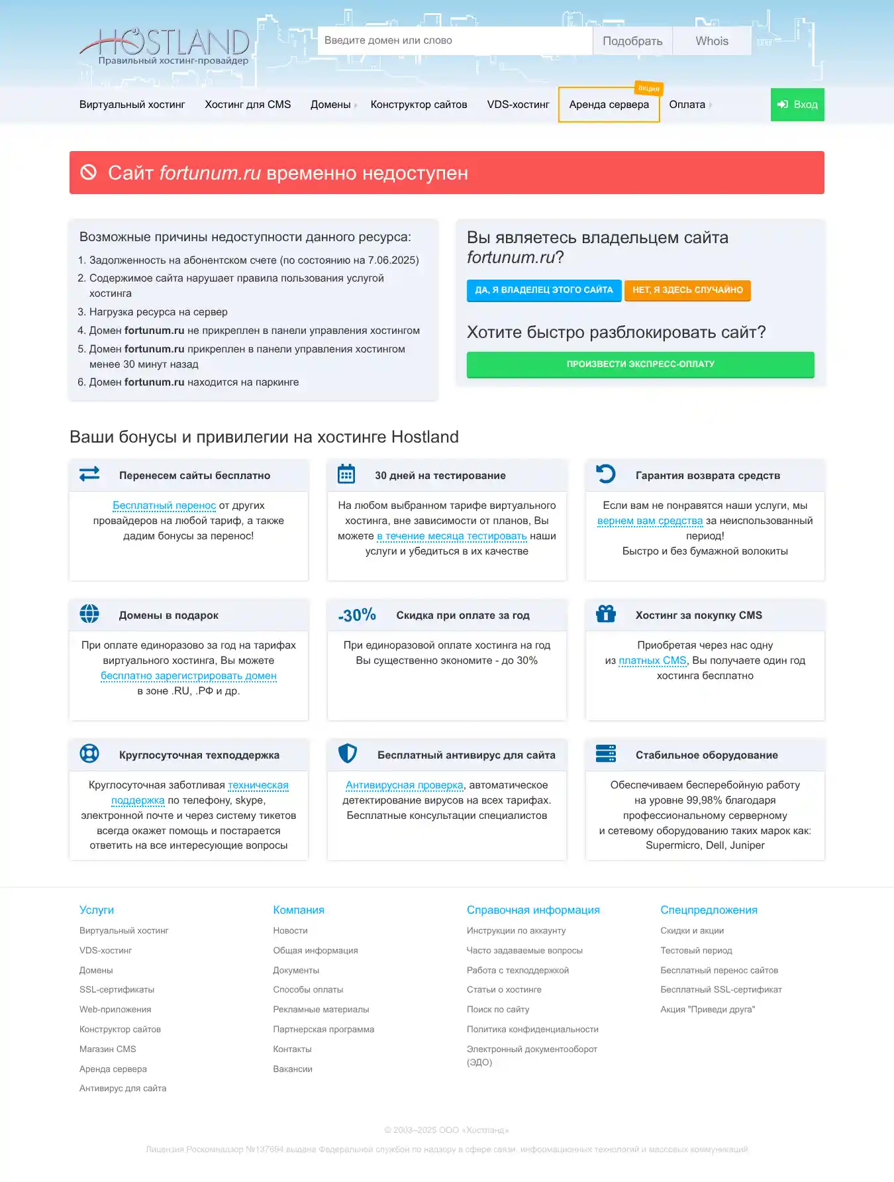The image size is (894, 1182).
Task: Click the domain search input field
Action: [454, 40]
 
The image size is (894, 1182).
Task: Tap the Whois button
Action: [712, 41]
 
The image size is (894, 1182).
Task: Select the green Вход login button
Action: [797, 105]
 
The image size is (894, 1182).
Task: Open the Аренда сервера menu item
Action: [609, 105]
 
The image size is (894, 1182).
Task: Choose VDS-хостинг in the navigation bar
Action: [518, 105]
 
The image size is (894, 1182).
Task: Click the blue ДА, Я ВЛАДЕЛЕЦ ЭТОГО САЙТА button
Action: [544, 290]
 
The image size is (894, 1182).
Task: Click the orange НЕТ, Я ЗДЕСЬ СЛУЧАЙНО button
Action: [687, 290]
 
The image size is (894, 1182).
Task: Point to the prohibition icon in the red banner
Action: [89, 172]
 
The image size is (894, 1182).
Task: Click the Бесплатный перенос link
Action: [164, 506]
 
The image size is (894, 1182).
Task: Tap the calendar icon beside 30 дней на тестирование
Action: [346, 474]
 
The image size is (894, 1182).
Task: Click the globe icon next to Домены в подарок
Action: [89, 614]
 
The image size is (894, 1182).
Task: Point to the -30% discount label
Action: [357, 615]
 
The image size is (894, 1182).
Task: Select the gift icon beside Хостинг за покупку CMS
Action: [606, 614]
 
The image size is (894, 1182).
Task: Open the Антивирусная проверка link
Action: [404, 785]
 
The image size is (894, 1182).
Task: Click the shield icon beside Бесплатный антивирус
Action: [348, 754]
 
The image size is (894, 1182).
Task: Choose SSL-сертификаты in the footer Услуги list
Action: [117, 990]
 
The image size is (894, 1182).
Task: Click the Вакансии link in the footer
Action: [293, 1069]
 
